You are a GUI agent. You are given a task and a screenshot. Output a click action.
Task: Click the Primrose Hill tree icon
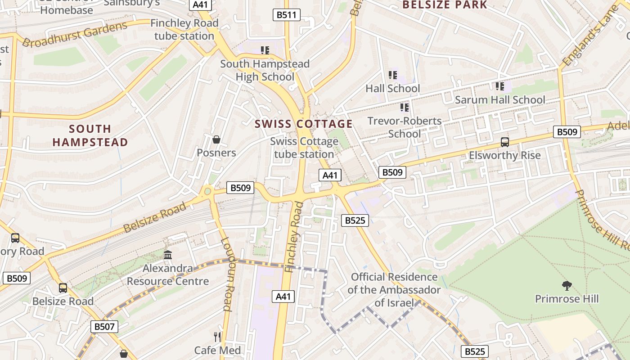567,285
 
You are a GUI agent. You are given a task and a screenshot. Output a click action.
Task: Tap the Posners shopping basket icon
216,139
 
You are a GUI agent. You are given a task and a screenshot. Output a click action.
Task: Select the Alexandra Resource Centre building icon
168,255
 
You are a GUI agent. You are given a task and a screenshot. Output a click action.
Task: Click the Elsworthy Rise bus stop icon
505,142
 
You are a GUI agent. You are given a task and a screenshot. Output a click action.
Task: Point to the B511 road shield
287,15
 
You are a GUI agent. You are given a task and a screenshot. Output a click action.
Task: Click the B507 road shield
104,326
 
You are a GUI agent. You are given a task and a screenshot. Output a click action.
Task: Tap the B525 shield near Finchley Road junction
355,220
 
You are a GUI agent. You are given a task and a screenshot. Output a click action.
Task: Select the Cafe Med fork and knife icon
217,337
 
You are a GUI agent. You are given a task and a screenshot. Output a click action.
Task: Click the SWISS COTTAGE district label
304,124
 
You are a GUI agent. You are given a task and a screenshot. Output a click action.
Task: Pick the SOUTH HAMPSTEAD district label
90,135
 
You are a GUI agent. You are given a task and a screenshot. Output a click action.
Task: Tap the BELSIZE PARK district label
445,5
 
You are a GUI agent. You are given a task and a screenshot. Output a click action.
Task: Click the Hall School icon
393,75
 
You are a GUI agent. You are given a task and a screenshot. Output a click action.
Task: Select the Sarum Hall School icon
499,86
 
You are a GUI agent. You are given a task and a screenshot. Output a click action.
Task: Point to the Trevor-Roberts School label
405,127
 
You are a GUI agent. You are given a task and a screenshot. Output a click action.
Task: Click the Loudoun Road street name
227,274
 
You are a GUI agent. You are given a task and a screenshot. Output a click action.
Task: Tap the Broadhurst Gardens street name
75,34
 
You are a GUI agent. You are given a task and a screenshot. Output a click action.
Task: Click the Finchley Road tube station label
184,29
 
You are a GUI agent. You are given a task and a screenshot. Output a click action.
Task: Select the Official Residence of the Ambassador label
394,289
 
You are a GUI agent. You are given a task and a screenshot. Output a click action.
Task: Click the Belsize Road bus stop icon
63,288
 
